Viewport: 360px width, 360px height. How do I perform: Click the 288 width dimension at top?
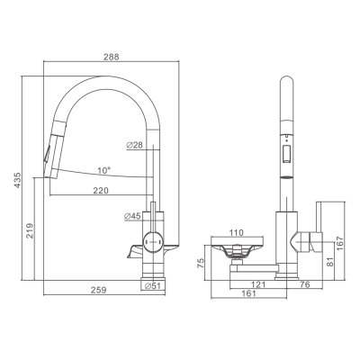pos(112,57)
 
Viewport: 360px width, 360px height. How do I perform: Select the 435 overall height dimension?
pos(18,180)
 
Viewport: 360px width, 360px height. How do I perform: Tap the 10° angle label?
pos(103,171)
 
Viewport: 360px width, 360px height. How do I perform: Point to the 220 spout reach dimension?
pos(101,191)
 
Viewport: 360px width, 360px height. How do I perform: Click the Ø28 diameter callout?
pos(134,146)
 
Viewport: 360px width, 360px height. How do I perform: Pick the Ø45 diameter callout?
pos(132,216)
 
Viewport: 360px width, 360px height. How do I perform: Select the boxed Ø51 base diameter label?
pos(153,285)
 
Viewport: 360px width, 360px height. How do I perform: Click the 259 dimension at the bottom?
pos(98,290)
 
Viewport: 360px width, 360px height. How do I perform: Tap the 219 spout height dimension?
pos(30,230)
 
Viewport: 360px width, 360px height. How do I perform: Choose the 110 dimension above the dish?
pos(237,232)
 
